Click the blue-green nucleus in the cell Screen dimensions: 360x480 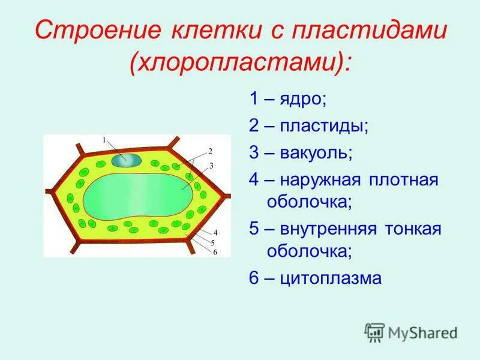(125, 160)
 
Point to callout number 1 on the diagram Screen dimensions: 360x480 (103, 140)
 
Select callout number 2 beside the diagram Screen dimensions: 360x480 (211, 151)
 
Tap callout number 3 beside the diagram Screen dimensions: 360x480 (212, 165)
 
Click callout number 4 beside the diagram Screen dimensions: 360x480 (215, 232)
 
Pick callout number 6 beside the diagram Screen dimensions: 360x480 (215, 253)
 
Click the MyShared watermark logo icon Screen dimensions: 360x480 (375, 332)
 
